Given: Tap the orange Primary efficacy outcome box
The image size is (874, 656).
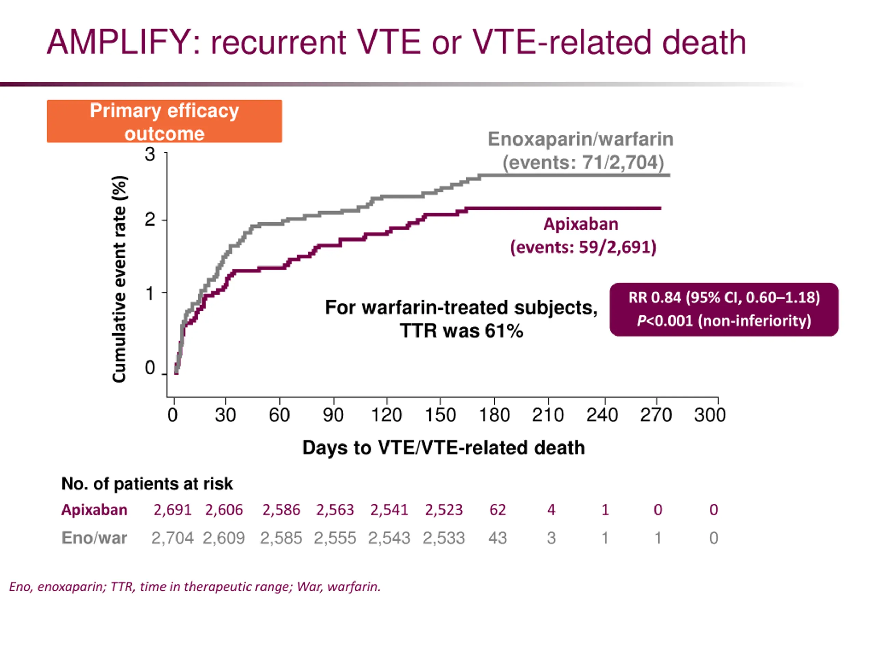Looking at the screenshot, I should pos(164,121).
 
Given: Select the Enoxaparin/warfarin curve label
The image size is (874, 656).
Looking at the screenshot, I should pos(580,139).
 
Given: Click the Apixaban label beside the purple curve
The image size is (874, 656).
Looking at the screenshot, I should pos(580,224).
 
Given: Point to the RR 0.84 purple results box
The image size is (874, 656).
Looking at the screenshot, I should pos(723,309).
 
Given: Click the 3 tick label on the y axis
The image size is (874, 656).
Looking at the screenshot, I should pos(150,154).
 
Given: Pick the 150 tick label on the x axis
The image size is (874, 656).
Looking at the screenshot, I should pos(440,415).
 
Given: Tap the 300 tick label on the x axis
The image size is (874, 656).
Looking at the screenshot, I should pos(710,415).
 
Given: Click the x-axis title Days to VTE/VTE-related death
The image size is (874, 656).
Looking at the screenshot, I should pos(443,448).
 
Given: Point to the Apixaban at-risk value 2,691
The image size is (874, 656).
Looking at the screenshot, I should pos(172,510).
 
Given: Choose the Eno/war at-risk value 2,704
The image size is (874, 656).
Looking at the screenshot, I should pos(172,538).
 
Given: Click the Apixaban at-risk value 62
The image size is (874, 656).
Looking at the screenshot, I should pos(497,510).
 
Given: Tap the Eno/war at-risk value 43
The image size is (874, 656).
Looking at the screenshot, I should pos(497,538).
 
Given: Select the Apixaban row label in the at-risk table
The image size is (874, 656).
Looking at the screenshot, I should pos(95,510).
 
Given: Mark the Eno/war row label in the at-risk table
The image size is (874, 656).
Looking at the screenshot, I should pos(95,538).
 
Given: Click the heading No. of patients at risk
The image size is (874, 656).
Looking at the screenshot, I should pos(147,483).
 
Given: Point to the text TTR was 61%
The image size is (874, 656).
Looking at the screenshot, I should pos(461,331).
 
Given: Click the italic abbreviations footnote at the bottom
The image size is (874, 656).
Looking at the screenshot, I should pos(195,586).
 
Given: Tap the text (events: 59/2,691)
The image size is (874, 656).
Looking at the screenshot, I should pos(583,247).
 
